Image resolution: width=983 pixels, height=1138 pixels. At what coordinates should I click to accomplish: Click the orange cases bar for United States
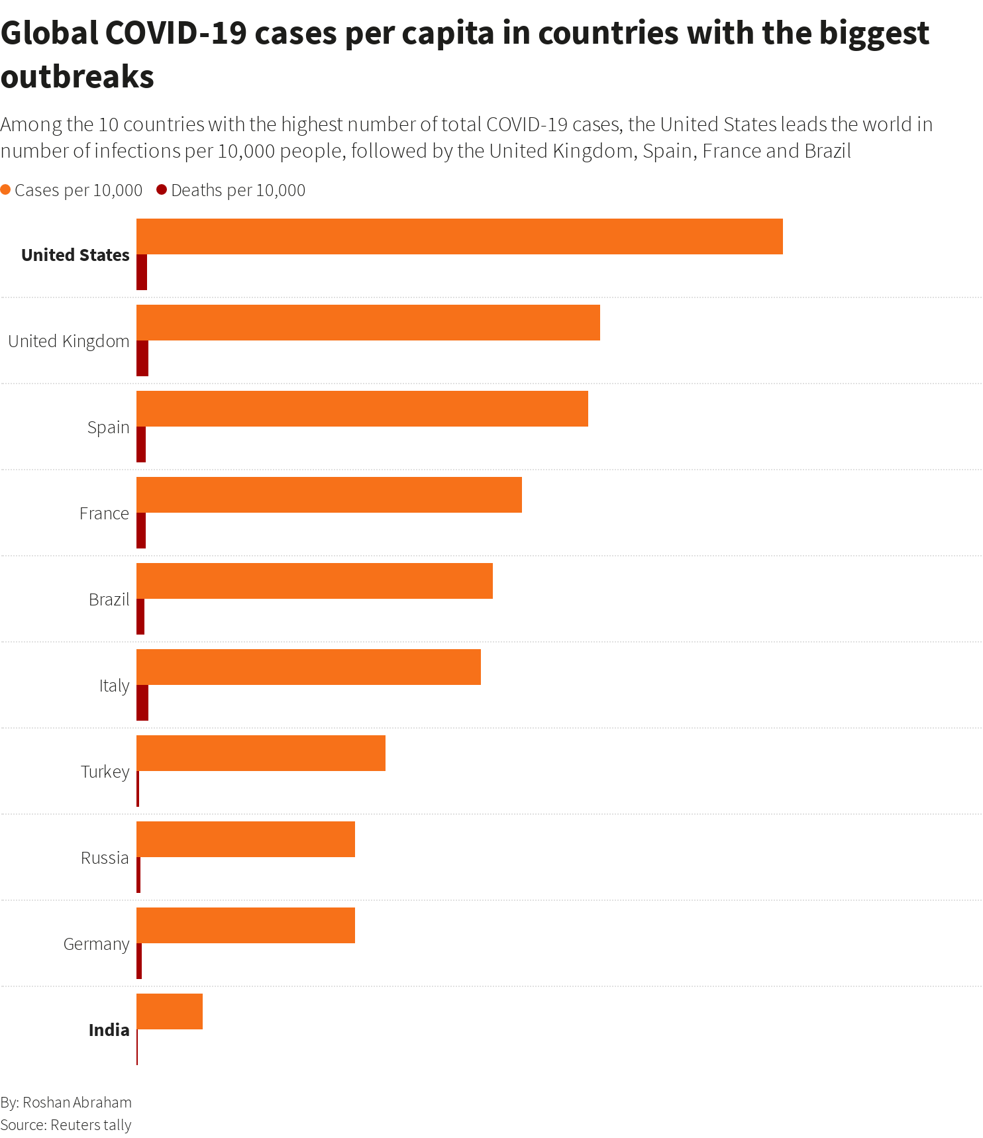click(459, 236)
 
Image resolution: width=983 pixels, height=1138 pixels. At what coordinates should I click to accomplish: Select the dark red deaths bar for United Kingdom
click(142, 358)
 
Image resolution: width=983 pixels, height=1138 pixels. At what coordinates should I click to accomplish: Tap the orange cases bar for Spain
click(362, 409)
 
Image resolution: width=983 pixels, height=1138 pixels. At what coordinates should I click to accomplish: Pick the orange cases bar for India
click(169, 1011)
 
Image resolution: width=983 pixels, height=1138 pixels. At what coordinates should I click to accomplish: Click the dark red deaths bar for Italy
click(142, 703)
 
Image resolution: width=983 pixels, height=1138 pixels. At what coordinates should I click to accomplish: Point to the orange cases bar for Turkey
click(260, 753)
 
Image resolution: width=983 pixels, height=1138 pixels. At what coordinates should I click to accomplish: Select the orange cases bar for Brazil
click(314, 581)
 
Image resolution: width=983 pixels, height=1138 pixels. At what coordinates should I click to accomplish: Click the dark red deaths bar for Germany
click(139, 961)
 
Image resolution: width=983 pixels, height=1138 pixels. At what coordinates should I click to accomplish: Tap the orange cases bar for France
click(329, 495)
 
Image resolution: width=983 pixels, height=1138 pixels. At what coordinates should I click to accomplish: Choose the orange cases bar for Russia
click(245, 839)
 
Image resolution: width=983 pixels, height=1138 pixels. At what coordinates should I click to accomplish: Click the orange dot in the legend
click(6, 190)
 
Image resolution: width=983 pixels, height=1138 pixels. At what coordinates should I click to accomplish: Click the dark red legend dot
click(162, 190)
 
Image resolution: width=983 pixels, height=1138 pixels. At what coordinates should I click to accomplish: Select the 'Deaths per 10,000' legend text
click(238, 191)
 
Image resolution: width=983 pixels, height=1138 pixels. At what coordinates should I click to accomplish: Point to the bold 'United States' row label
click(75, 255)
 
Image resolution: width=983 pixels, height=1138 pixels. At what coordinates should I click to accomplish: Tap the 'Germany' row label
click(96, 944)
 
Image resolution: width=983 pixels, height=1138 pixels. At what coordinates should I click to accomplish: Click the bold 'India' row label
click(109, 1030)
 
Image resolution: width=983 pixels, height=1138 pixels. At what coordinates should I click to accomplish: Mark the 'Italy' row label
click(114, 686)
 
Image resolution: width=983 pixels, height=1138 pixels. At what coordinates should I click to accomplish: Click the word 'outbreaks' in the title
click(78, 77)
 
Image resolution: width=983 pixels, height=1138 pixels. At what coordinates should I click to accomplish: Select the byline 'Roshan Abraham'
click(77, 1102)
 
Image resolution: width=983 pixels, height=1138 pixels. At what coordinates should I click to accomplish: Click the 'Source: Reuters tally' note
click(66, 1125)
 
